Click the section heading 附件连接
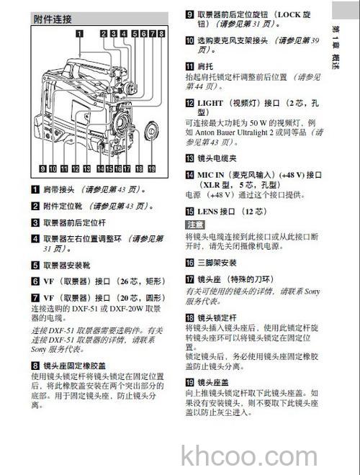(57, 19)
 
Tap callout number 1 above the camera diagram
(78, 33)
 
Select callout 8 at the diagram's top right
(162, 33)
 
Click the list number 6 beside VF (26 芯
(35, 281)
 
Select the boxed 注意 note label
(195, 225)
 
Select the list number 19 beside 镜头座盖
(190, 382)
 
